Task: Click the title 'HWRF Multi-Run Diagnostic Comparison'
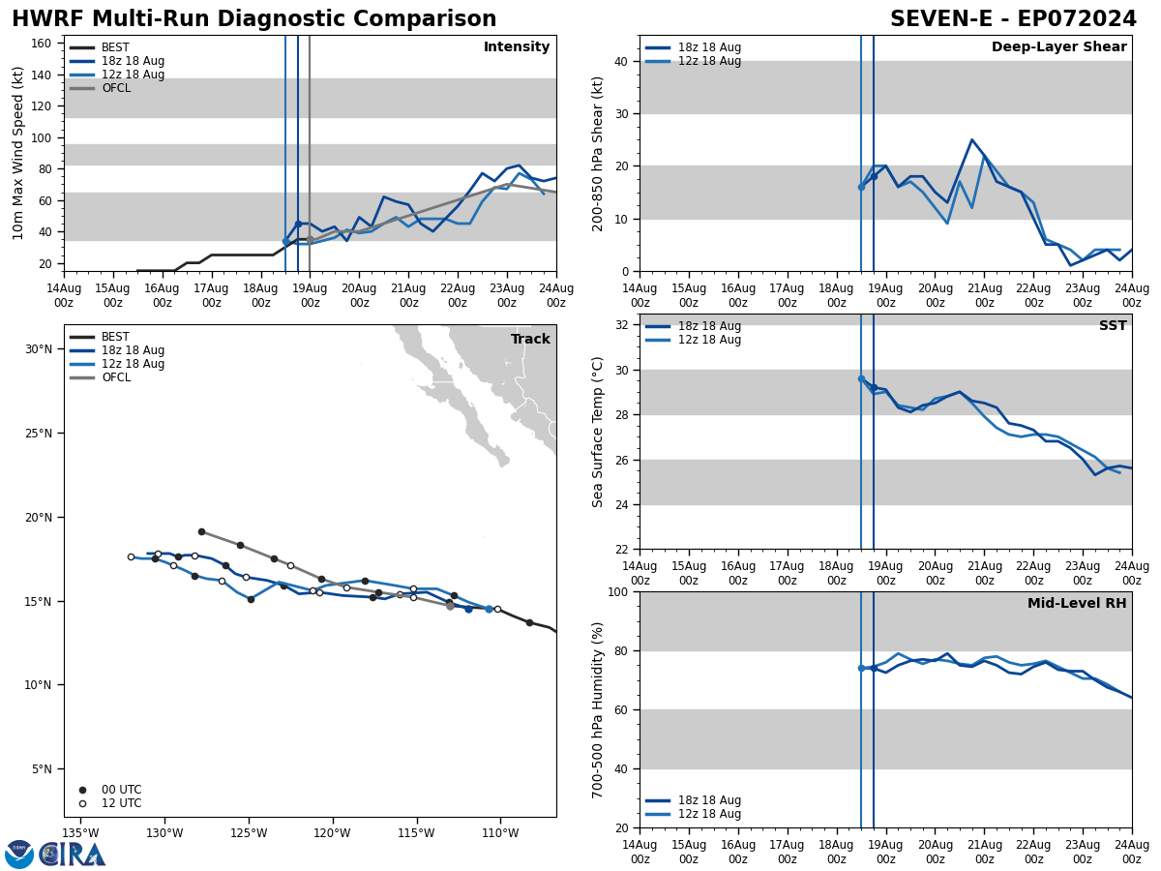coord(253,19)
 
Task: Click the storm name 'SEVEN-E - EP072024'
coord(1013,19)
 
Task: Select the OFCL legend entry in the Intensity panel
coord(115,88)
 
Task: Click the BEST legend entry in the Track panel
coord(115,337)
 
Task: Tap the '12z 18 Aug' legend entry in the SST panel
coord(709,340)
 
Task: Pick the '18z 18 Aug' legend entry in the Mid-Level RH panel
coord(709,800)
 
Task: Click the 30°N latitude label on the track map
coord(38,349)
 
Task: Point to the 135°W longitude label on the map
coord(81,833)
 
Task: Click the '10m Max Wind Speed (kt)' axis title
coord(18,153)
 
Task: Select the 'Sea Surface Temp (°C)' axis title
coord(598,432)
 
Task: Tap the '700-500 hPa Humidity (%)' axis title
coord(598,710)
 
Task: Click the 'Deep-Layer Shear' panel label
coord(1058,47)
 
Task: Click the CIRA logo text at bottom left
coord(73,854)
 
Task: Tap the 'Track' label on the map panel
coord(530,340)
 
